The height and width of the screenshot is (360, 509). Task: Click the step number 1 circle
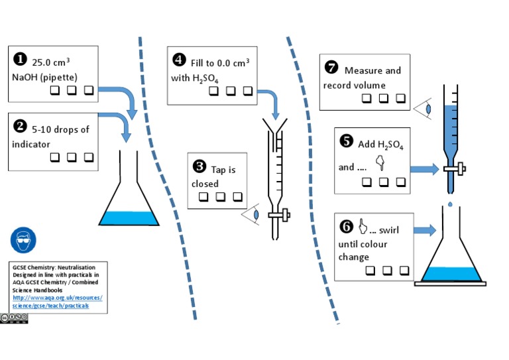[21, 60]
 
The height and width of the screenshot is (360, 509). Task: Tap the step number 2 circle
[21, 126]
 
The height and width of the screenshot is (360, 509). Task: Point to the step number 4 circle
[179, 60]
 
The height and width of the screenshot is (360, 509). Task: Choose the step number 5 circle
[346, 141]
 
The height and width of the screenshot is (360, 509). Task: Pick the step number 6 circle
[346, 227]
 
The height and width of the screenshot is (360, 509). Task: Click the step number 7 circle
[331, 67]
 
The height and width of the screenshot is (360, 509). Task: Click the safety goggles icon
[24, 239]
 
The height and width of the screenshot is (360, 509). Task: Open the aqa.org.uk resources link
[50, 302]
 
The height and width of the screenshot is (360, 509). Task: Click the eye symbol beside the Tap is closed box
[251, 215]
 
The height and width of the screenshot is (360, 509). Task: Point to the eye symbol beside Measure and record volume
[425, 108]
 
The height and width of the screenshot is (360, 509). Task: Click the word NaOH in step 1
[25, 77]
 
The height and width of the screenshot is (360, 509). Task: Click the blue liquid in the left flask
[129, 218]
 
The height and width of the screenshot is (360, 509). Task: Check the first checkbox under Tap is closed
[203, 197]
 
